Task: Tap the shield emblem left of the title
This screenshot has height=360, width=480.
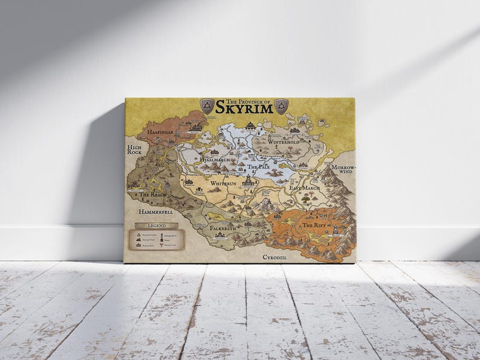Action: [207, 106]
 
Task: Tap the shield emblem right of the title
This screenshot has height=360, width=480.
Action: [281, 106]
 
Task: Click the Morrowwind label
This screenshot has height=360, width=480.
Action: [343, 169]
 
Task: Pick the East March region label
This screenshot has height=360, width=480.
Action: [304, 188]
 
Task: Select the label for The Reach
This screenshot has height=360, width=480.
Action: [154, 195]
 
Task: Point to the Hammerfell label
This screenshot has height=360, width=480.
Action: [157, 213]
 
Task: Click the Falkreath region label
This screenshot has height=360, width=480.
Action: [222, 229]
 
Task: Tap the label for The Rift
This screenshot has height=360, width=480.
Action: [314, 225]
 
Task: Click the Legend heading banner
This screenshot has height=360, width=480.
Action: [156, 226]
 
